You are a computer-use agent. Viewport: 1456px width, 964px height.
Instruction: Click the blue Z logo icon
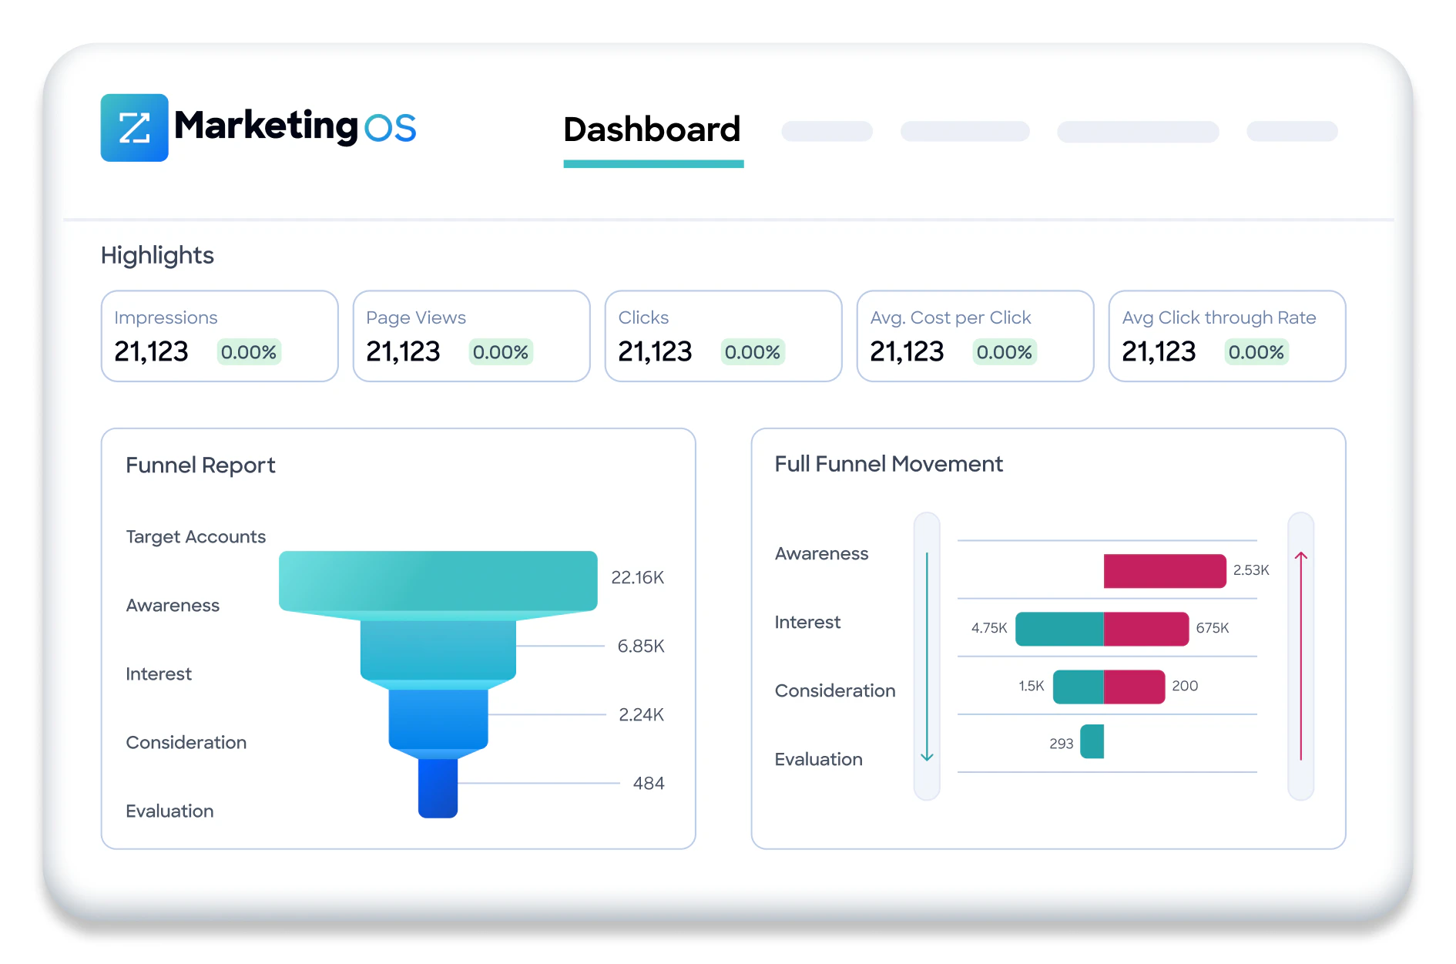134,128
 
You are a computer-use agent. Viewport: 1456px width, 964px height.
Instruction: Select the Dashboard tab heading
652,129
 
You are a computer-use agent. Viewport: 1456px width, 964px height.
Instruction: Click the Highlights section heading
157,255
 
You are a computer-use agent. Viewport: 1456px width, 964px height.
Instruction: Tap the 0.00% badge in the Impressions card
248,352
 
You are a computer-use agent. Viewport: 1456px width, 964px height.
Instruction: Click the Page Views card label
416,317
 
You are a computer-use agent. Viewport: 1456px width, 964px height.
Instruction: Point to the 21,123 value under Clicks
655,352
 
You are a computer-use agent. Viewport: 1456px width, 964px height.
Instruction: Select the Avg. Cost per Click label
950,317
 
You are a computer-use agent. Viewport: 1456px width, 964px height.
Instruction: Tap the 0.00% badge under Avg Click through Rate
1256,352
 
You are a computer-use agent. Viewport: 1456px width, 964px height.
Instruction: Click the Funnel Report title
200,465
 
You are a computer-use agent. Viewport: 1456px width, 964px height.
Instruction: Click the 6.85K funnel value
640,646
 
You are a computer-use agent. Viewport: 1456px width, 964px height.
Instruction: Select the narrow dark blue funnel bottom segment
438,788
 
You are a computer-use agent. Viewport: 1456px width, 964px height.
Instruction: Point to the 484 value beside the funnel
648,783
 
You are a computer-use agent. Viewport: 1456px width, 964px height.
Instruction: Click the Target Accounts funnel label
196,536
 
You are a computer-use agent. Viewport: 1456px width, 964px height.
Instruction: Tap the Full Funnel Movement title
888,464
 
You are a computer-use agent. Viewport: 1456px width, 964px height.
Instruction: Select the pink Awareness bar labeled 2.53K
1164,571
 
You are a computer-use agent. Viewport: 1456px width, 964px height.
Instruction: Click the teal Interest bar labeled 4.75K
1059,629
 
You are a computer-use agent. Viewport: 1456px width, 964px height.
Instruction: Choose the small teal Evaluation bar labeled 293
1092,741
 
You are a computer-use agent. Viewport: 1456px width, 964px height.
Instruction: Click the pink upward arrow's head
1301,556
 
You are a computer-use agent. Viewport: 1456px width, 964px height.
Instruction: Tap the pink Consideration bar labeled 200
1134,687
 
